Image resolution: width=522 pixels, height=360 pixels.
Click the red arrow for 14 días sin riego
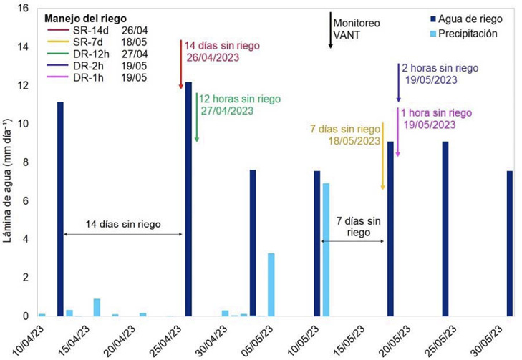(x=181, y=65)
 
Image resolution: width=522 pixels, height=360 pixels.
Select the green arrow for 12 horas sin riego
(x=196, y=118)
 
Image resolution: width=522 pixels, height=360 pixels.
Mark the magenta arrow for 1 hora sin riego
(x=397, y=132)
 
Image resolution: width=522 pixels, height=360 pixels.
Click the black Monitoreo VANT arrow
(x=330, y=30)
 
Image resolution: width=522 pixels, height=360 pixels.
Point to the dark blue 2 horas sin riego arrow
(x=398, y=83)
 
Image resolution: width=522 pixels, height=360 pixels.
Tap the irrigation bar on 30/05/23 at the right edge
(x=509, y=243)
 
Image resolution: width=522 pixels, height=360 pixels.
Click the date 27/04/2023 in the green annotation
(x=226, y=111)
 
